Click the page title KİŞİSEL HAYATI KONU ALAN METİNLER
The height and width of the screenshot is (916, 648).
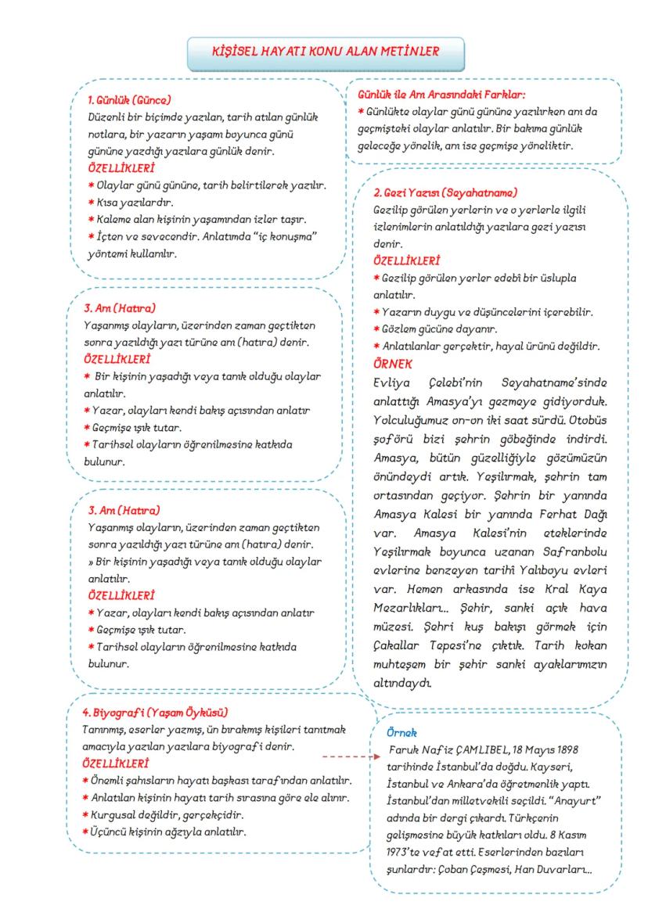pyautogui.click(x=326, y=52)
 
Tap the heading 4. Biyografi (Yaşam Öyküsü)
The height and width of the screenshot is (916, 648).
pyautogui.click(x=155, y=713)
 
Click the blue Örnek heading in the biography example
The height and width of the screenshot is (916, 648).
pyautogui.click(x=402, y=733)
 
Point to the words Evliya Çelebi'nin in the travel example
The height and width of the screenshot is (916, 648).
pyautogui.click(x=419, y=383)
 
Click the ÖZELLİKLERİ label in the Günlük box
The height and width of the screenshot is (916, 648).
pyautogui.click(x=121, y=167)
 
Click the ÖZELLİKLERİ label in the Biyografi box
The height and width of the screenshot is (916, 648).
pyautogui.click(x=116, y=763)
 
